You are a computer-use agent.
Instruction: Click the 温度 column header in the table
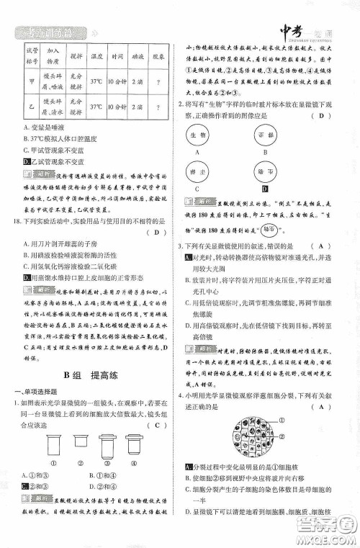tap(96, 55)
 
